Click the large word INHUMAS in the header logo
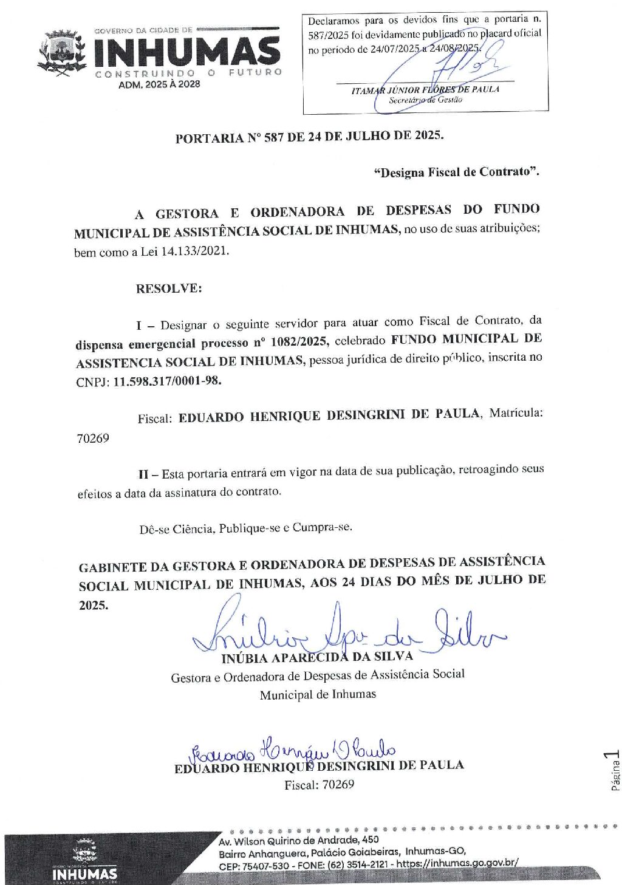[186, 53]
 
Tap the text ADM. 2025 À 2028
[159, 84]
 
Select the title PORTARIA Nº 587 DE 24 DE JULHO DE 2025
[309, 137]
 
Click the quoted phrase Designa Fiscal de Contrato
[457, 173]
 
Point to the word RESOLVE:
[169, 289]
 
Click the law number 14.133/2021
[195, 251]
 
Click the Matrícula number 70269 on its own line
[93, 438]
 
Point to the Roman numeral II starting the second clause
[143, 474]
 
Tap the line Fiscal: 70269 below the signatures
[319, 785]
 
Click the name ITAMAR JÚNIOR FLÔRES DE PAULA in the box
[425, 90]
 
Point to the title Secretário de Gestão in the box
[425, 100]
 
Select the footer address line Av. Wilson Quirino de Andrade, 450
[298, 841]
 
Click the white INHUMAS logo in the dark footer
[84, 873]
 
